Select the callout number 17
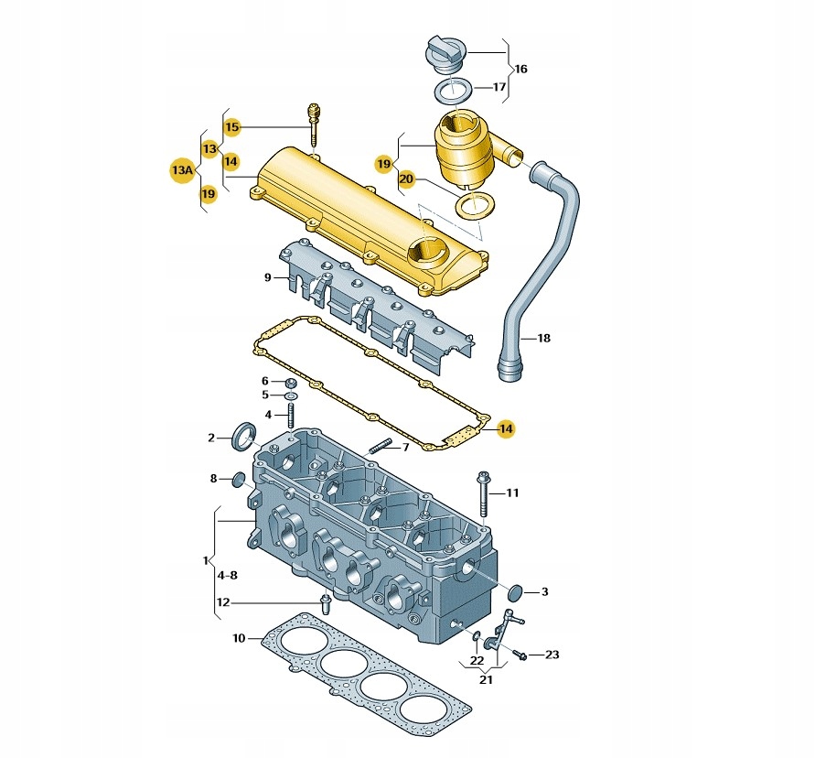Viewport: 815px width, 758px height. (x=499, y=87)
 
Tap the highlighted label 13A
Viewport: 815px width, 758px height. (x=183, y=170)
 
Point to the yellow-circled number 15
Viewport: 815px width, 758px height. (x=231, y=127)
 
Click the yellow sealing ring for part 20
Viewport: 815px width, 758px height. (x=475, y=205)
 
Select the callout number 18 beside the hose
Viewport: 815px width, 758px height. (x=543, y=338)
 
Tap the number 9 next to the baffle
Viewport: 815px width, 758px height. (x=268, y=277)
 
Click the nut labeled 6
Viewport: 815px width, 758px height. (x=292, y=384)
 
